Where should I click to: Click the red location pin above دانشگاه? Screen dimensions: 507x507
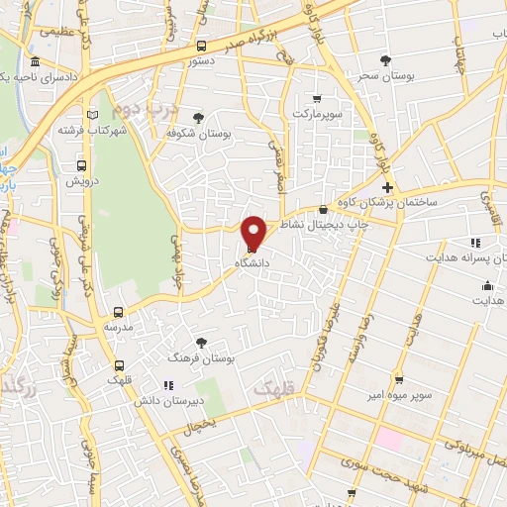(254, 232)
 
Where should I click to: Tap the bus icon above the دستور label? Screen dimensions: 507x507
(202, 46)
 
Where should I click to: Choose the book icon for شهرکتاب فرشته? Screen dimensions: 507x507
(91, 115)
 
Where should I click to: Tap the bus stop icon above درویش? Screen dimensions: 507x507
(81, 165)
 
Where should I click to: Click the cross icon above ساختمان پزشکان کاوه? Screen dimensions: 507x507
(387, 187)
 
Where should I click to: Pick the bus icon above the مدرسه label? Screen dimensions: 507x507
(118, 311)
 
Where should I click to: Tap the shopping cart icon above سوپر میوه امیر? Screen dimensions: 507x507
(398, 379)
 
